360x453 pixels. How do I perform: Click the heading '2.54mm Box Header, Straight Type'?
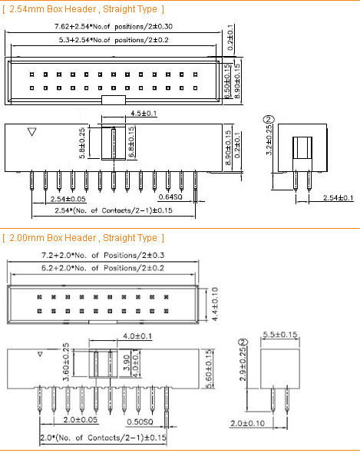point(83,9)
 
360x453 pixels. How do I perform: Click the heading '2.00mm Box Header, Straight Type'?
point(83,238)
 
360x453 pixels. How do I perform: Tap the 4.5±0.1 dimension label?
point(144,113)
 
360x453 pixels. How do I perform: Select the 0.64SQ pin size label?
point(170,197)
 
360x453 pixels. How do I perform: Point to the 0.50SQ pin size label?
point(140,422)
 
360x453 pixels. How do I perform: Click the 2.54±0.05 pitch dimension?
point(68,199)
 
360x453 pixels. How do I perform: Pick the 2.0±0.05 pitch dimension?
point(81,419)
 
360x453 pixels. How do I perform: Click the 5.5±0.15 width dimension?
point(280,335)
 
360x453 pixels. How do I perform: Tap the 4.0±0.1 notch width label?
point(137,336)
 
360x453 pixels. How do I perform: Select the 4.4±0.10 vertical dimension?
point(215,304)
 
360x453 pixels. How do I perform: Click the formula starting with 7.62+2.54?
point(114,27)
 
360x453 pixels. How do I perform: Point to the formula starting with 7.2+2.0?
point(103,255)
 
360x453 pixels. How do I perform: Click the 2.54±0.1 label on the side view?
point(338,198)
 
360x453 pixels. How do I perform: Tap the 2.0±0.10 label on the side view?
point(247,423)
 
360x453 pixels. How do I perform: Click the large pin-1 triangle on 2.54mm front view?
point(31,132)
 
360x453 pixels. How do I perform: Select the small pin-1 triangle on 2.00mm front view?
point(40,354)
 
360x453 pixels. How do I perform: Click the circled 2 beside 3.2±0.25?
point(269,119)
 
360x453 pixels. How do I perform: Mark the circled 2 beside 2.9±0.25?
point(243,342)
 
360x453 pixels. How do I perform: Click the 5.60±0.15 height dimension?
point(209,369)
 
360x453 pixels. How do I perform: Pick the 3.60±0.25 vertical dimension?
point(66,362)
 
